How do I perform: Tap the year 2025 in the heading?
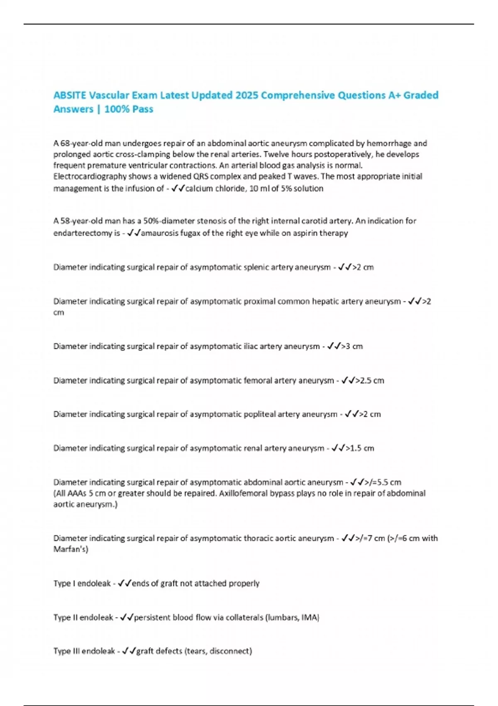click(247, 96)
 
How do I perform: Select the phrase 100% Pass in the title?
click(129, 109)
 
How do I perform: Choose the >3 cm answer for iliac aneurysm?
click(352, 346)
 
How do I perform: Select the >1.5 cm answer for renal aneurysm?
click(360, 449)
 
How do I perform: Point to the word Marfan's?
click(71, 549)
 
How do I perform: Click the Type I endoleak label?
click(82, 583)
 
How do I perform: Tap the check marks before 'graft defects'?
click(129, 651)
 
